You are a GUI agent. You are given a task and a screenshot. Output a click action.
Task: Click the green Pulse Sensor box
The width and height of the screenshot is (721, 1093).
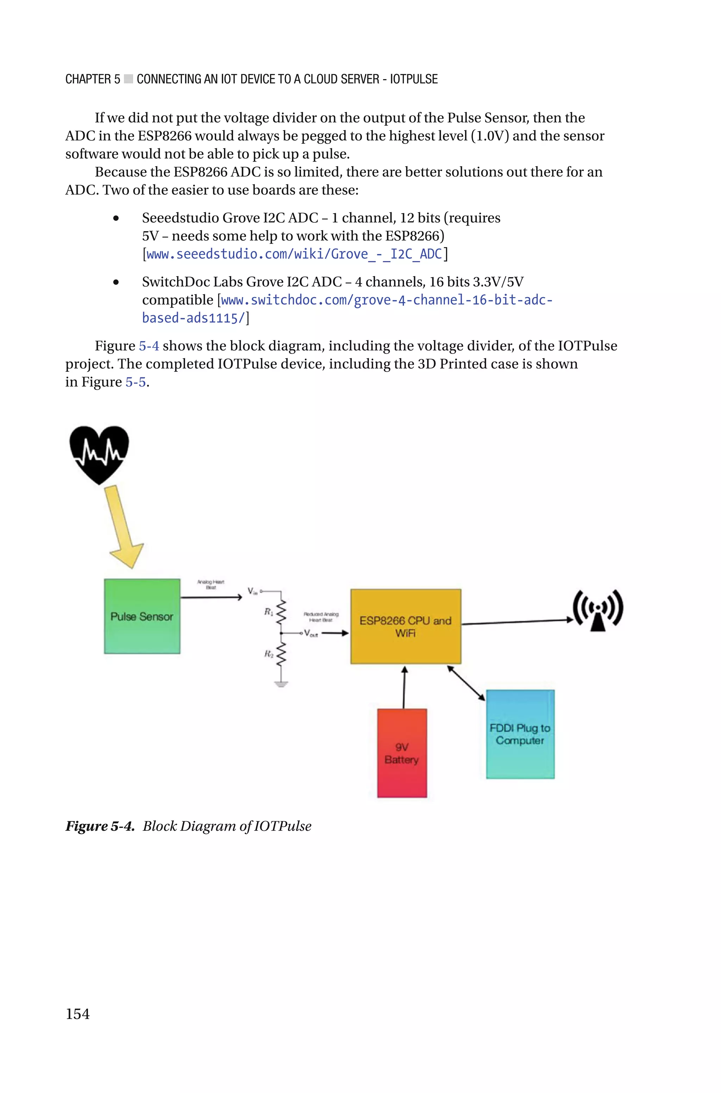click(142, 616)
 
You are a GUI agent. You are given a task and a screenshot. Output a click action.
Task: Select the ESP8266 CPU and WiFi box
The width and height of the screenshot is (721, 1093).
click(405, 627)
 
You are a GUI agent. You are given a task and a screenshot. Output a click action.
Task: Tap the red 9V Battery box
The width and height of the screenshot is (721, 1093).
click(402, 753)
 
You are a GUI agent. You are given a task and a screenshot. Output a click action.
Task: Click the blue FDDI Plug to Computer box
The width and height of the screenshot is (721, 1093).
click(520, 734)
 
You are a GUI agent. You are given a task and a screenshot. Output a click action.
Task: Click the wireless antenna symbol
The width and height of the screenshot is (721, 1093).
click(597, 611)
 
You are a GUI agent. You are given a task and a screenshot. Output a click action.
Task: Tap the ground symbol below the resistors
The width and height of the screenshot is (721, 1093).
click(281, 684)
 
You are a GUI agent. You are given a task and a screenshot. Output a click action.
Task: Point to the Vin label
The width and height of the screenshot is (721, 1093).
click(252, 591)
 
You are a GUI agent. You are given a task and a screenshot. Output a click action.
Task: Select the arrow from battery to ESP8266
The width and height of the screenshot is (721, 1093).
click(404, 687)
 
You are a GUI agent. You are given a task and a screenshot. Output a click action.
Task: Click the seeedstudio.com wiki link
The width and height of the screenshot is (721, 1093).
click(294, 254)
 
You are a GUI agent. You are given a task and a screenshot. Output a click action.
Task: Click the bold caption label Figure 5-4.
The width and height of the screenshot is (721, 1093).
click(99, 826)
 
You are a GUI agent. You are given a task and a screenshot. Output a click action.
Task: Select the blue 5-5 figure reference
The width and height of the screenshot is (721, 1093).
click(135, 382)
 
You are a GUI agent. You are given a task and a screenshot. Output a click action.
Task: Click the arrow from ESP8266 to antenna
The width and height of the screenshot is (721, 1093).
click(517, 622)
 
